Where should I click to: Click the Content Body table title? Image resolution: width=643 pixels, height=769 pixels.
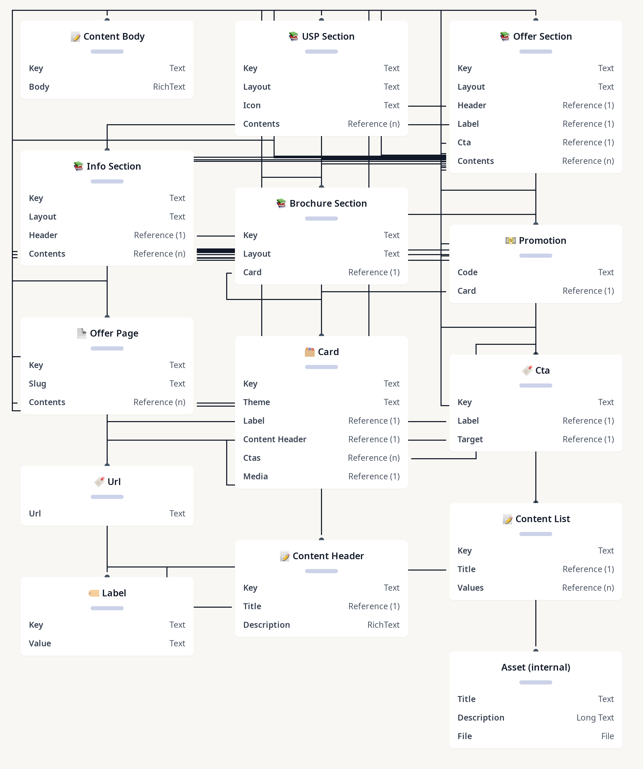pyautogui.click(x=114, y=37)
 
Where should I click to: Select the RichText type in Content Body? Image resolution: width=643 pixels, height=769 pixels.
pyautogui.click(x=169, y=87)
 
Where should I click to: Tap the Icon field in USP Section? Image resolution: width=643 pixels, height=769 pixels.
pyautogui.click(x=252, y=105)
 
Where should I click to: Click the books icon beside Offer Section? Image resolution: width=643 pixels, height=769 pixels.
pyautogui.click(x=505, y=36)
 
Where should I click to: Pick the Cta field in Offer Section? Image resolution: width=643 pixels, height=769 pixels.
pyautogui.click(x=464, y=143)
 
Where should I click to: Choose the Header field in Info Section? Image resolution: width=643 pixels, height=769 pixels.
pyautogui.click(x=43, y=235)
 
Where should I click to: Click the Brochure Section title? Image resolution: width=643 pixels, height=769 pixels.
pyautogui.click(x=328, y=203)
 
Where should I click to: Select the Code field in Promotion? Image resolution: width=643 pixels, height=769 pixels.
pyautogui.click(x=467, y=272)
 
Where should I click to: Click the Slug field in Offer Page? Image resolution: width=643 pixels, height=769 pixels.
pyautogui.click(x=37, y=384)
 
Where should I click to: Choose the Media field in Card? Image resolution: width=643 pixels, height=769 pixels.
pyautogui.click(x=256, y=477)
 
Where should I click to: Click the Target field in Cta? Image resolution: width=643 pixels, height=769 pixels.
pyautogui.click(x=470, y=439)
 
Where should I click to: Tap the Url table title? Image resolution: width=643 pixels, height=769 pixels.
pyautogui.click(x=114, y=482)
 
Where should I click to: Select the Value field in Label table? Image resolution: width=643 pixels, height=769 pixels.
pyautogui.click(x=40, y=643)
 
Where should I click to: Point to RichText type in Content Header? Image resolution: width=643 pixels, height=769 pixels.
pyautogui.click(x=383, y=625)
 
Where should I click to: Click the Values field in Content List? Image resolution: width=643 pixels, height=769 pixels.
pyautogui.click(x=470, y=588)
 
